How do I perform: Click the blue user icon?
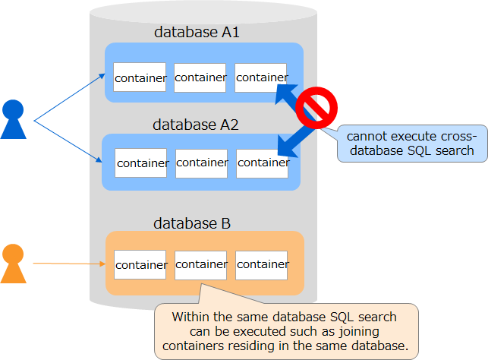pos(14,120)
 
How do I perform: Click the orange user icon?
pos(14,264)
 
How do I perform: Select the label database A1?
pos(197,32)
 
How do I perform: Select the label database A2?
pos(196,124)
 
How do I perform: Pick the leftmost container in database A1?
pos(140,77)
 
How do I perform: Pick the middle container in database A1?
pos(200,77)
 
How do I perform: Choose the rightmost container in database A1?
pos(260,77)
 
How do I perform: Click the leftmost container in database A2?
pos(141,163)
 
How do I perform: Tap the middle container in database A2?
pos(201,163)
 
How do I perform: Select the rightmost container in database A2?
pos(262,163)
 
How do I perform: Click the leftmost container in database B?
pos(140,265)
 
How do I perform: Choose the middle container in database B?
pos(200,265)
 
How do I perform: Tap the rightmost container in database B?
pos(261,265)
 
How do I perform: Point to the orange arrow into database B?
pos(68,264)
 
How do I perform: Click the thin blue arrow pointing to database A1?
pos(70,96)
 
